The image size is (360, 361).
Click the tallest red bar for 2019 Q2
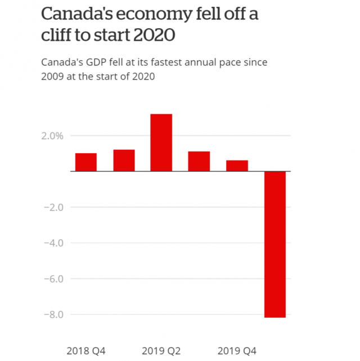point(161,142)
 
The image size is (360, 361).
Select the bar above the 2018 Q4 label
point(85,162)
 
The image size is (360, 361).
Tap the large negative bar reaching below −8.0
point(274,244)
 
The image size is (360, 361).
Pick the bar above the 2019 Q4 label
point(237,166)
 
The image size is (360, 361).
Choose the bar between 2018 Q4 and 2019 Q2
point(124,160)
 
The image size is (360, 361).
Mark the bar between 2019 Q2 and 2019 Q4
point(199,161)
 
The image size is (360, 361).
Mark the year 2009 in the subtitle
point(53,76)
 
